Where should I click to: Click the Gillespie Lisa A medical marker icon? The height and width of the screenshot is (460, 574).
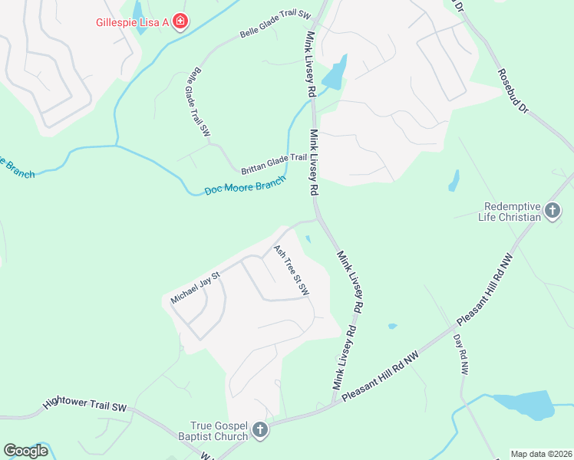180,21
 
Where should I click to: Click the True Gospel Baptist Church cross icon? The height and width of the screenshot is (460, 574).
259,430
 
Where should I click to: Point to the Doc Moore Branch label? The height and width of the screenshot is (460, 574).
245,186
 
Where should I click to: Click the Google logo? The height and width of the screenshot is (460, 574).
26,451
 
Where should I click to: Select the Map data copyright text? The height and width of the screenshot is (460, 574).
541,454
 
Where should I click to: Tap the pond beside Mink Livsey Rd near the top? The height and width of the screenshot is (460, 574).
335,74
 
